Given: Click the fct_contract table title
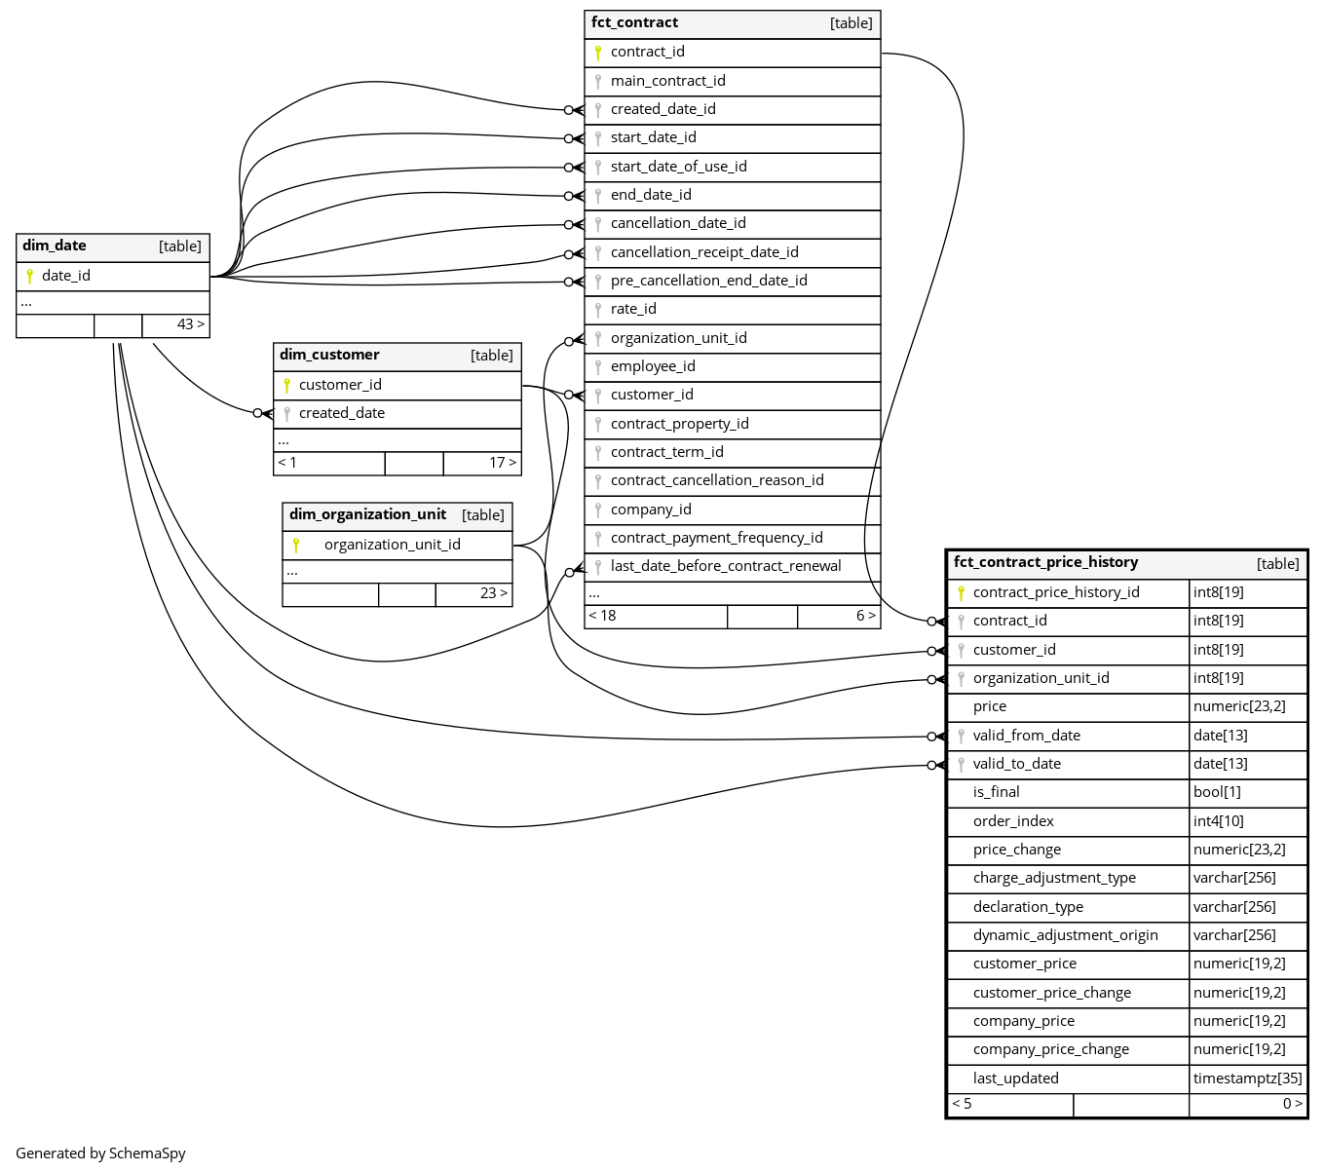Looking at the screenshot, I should (x=635, y=22).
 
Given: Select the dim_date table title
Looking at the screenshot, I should (x=55, y=246).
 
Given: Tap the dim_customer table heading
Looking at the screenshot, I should (x=329, y=355).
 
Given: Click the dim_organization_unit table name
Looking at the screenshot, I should (x=367, y=514).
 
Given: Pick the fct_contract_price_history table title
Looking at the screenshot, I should (x=1045, y=562).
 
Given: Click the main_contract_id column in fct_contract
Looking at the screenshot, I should (x=667, y=81).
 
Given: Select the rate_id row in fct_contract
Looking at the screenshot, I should (x=633, y=309).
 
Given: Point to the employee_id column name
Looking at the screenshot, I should (x=653, y=366).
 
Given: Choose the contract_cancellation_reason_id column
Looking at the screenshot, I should (x=717, y=480).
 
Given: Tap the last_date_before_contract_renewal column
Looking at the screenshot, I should (x=726, y=566).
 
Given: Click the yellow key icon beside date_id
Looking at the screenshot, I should (x=30, y=276).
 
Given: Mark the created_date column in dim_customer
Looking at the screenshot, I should (x=342, y=413).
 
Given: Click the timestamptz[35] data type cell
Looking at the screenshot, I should (x=1247, y=1078).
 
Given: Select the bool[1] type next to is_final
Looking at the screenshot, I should (x=1217, y=792).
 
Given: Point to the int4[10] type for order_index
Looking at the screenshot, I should (x=1218, y=821).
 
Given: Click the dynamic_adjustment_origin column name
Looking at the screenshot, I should (x=1065, y=935).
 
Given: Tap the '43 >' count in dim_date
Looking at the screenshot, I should (x=190, y=324).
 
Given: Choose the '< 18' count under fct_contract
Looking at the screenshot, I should (x=602, y=616).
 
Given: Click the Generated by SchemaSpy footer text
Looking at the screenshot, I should (x=100, y=1154).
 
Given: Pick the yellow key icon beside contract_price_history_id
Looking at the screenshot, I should (x=961, y=592).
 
